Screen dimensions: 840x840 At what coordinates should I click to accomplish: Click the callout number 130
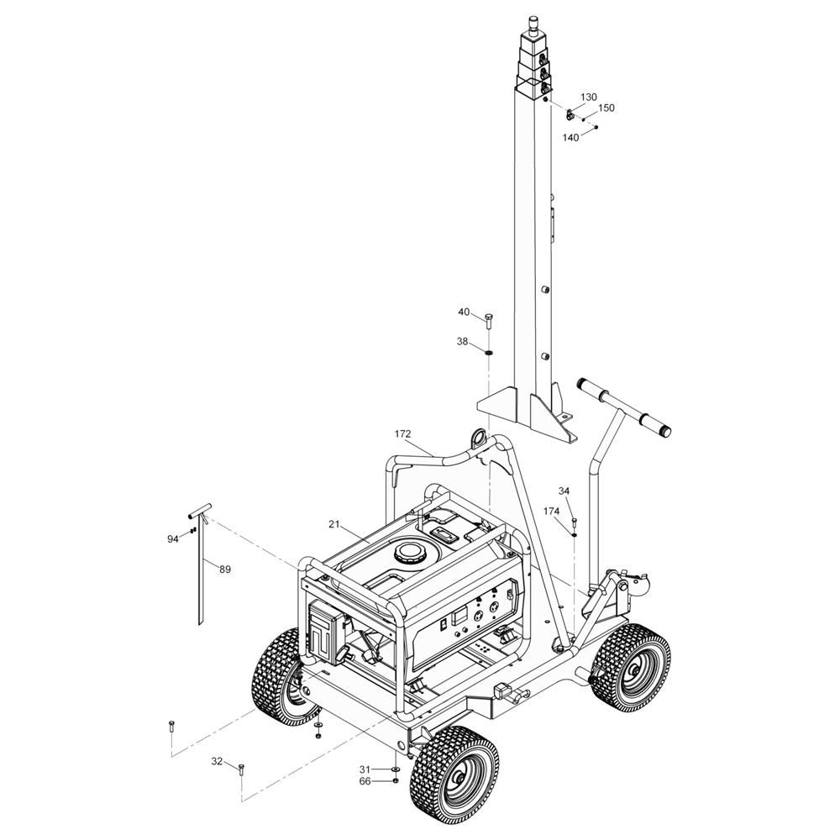[588, 97]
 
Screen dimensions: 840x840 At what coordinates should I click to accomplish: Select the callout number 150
[606, 108]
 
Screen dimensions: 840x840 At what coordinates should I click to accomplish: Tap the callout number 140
[570, 138]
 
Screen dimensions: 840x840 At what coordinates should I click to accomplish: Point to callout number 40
[464, 312]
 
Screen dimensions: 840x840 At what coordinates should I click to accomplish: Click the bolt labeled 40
[489, 323]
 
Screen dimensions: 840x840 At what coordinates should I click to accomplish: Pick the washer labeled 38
[489, 352]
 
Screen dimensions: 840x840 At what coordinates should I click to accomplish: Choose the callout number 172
[402, 434]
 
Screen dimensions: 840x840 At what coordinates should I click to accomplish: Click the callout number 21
[334, 524]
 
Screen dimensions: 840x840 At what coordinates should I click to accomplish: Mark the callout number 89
[225, 570]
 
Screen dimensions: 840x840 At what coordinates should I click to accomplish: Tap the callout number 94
[172, 539]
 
